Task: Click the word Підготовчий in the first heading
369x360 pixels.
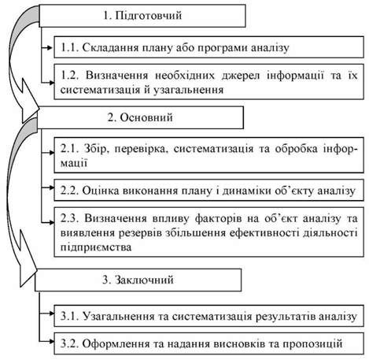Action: point(149,16)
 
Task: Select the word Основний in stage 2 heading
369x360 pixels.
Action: point(146,117)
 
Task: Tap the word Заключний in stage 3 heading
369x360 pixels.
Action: point(145,280)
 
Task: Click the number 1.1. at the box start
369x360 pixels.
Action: point(69,47)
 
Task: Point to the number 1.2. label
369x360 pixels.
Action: point(70,76)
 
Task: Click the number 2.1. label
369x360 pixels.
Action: point(70,149)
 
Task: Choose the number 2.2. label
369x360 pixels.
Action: point(69,191)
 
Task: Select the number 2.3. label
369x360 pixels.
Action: point(70,218)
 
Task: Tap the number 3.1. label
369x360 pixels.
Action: point(69,316)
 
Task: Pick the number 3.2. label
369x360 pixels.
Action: point(69,343)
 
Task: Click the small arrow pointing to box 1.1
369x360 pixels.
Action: point(48,48)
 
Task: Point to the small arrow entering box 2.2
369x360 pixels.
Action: point(48,187)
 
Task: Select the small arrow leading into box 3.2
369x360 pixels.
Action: point(46,341)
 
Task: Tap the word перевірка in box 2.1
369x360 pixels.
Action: point(142,150)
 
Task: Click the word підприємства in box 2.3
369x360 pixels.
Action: point(96,247)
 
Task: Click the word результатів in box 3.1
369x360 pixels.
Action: point(286,317)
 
